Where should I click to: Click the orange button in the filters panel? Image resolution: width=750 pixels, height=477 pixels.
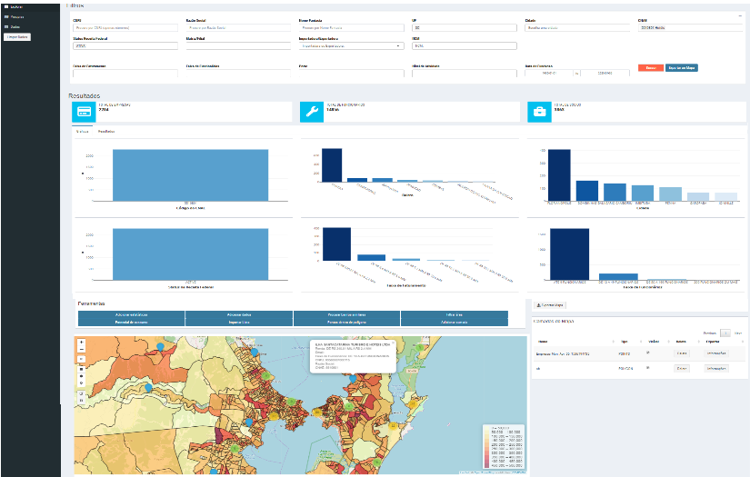(650, 68)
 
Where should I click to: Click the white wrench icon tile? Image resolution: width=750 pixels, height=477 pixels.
(311, 111)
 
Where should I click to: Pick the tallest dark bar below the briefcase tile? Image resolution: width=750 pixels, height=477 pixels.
(559, 174)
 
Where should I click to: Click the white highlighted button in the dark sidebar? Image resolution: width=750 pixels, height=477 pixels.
(16, 36)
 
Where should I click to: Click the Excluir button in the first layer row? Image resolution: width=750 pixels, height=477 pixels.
(681, 352)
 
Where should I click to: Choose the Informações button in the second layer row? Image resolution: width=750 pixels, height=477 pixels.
(716, 368)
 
